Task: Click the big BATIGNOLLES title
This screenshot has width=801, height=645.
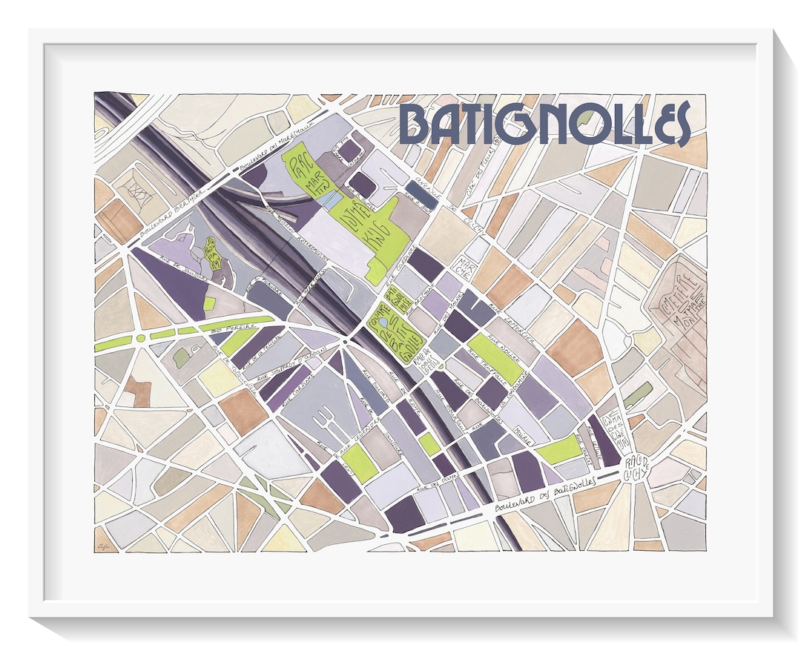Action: (x=544, y=123)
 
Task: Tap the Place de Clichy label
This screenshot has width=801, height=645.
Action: (x=637, y=465)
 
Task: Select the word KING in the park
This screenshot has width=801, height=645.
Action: (x=384, y=236)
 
